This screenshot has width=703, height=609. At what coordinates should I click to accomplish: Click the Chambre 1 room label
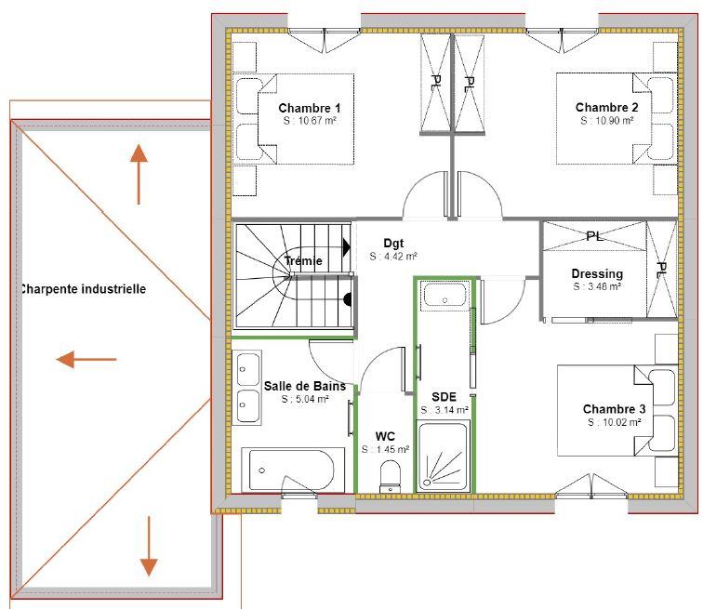pyautogui.click(x=310, y=108)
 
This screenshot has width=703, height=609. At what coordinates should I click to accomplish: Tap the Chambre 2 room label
pyautogui.click(x=606, y=108)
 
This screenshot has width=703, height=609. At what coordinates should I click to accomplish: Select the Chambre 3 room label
pyautogui.click(x=614, y=409)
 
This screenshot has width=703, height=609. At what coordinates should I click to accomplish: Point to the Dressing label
pyautogui.click(x=597, y=274)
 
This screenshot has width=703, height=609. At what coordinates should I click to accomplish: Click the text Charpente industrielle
pyautogui.click(x=83, y=289)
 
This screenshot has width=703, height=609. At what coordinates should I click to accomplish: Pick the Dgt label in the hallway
pyautogui.click(x=393, y=244)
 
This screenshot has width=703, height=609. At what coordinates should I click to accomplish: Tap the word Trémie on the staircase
pyautogui.click(x=304, y=261)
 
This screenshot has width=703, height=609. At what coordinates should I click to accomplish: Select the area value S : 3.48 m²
pyautogui.click(x=597, y=287)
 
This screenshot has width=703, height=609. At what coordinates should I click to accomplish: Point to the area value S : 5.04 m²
pyautogui.click(x=305, y=399)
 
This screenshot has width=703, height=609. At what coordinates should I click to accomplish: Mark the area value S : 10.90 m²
pyautogui.click(x=606, y=121)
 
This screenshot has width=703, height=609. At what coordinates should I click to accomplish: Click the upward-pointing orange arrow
pyautogui.click(x=139, y=173)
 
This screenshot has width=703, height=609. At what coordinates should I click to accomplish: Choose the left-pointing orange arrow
pyautogui.click(x=86, y=359)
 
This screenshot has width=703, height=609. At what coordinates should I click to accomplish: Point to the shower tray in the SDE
pyautogui.click(x=444, y=456)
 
